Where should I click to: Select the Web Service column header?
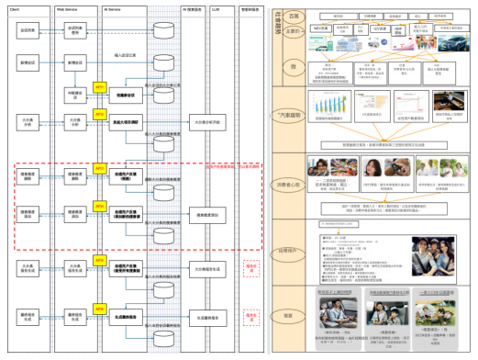[66, 6]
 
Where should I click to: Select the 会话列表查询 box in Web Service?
[76, 29]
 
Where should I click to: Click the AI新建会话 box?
[76, 95]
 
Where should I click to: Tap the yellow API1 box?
[100, 88]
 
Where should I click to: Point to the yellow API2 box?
[100, 120]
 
